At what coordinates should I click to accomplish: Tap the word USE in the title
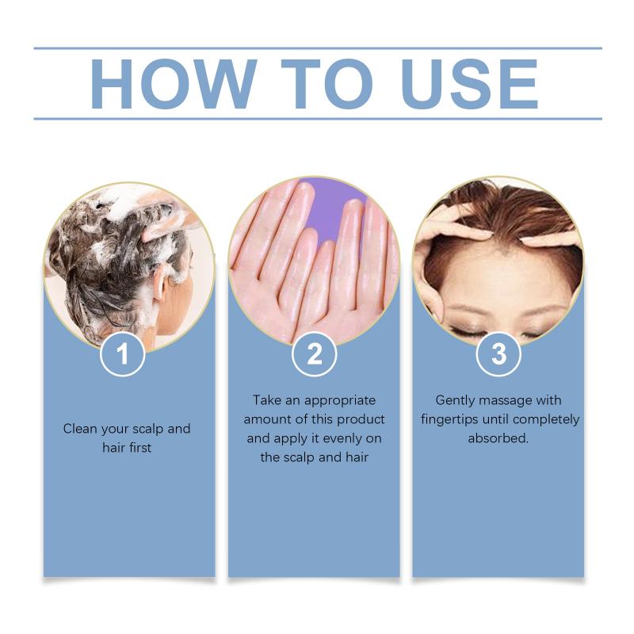(469, 84)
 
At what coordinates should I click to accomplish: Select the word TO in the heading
(327, 84)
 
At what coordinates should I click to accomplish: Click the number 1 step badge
(123, 353)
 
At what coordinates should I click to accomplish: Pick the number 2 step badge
(314, 353)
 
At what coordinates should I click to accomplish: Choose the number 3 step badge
(498, 353)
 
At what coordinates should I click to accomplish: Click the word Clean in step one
(81, 429)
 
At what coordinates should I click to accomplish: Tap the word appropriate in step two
(340, 401)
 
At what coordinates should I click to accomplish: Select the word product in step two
(361, 420)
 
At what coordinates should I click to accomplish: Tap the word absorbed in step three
(498, 438)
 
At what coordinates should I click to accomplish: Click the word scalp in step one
(148, 430)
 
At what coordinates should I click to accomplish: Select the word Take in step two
(267, 400)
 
